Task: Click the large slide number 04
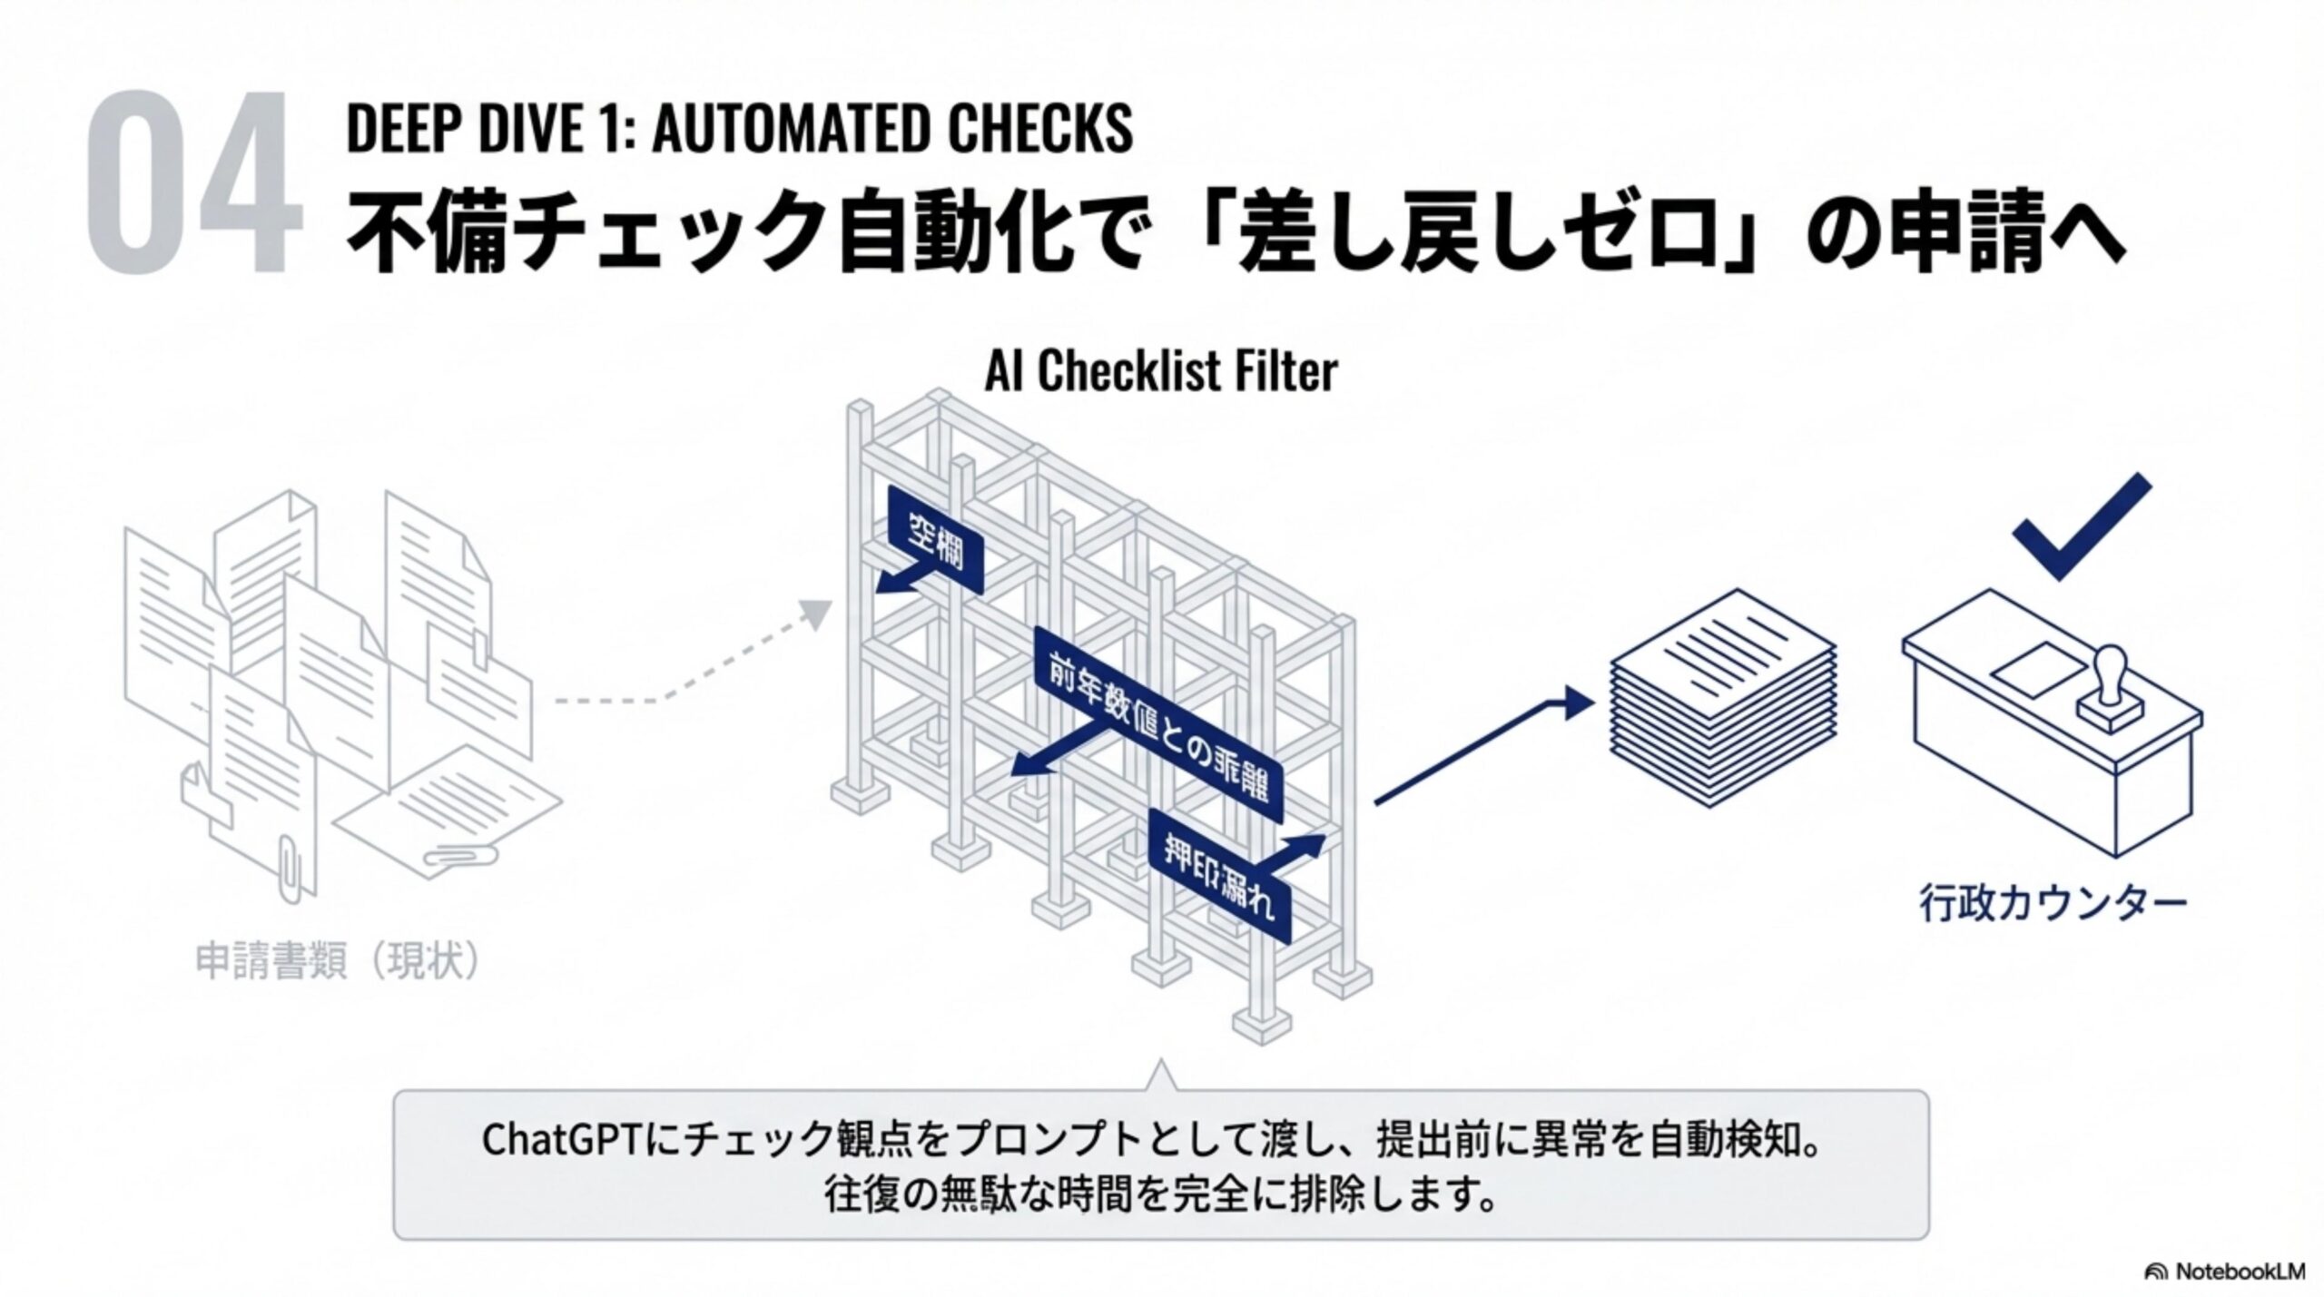[194, 182]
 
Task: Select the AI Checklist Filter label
[1161, 371]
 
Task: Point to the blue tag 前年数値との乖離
[1157, 727]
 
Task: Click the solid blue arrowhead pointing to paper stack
[1579, 703]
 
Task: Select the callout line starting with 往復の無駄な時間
[1160, 1195]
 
